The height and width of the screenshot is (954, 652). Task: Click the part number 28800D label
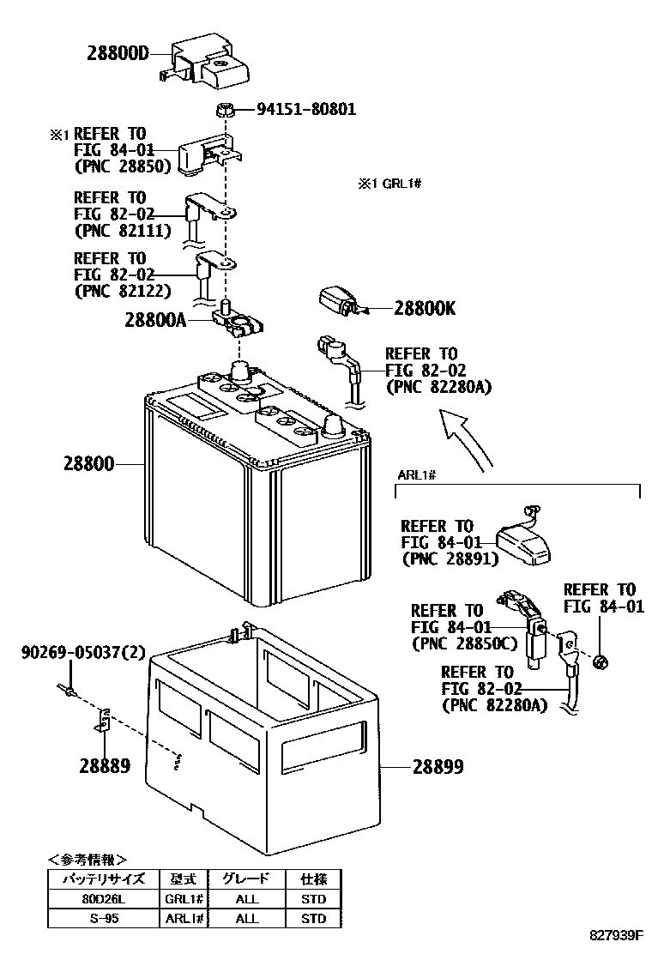coord(118,53)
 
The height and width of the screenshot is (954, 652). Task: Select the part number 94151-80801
coord(305,110)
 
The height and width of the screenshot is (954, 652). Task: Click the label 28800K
coord(425,308)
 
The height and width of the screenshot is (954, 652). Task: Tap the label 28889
coord(106,765)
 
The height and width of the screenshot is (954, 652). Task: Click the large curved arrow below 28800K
coord(468,438)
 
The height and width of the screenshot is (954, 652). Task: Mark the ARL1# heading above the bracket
coord(419,475)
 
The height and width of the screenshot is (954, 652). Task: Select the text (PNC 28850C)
coord(464,643)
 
